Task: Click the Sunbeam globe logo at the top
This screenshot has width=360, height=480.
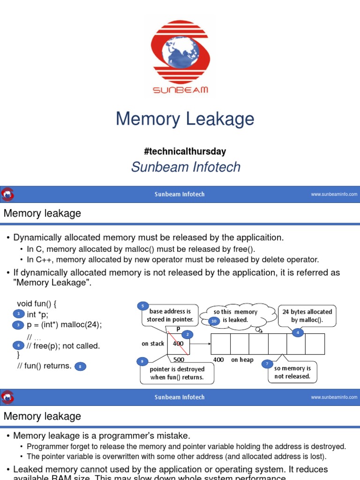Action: point(180,56)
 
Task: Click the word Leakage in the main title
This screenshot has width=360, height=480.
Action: point(220,119)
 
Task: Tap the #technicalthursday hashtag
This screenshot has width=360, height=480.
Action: point(185,151)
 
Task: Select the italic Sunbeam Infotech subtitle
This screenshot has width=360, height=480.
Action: point(186,167)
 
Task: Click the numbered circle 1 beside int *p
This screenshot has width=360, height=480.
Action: point(18,314)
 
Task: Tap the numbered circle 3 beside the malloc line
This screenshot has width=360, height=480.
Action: point(18,325)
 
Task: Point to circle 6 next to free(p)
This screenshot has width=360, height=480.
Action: point(18,345)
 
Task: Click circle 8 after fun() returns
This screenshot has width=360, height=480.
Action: point(80,367)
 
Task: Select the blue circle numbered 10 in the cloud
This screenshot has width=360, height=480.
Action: point(214,320)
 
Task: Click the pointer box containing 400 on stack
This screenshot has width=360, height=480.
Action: point(178,344)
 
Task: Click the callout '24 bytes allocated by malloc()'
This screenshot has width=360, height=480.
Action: point(307,315)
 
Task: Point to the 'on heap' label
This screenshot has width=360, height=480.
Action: point(242,360)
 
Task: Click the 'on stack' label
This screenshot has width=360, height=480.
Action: point(153,344)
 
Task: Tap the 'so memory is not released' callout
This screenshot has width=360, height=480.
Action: point(292,372)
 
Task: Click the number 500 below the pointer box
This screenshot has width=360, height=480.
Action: point(179,360)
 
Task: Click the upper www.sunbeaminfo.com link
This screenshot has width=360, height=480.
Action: point(334,194)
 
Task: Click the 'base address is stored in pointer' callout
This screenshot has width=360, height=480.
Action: point(170,315)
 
